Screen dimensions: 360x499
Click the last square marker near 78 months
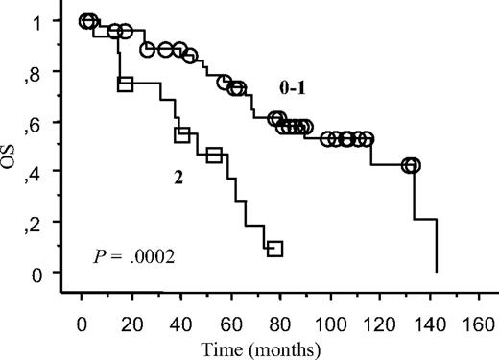click(275, 249)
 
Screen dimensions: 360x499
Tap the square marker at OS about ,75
click(124, 84)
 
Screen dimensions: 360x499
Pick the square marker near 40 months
click(182, 135)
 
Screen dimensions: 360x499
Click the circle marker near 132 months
click(412, 165)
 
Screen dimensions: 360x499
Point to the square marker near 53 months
click(214, 155)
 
